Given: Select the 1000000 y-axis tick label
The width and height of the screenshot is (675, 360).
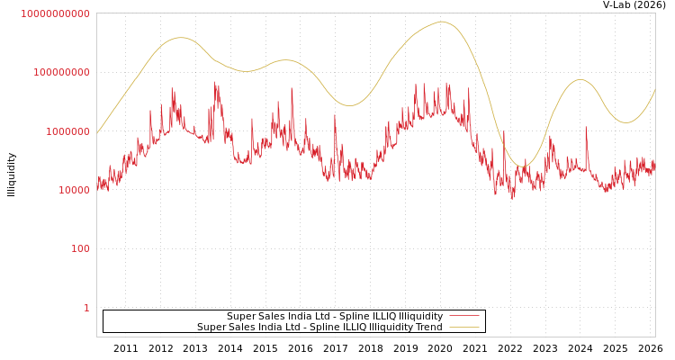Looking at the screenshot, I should [65, 131].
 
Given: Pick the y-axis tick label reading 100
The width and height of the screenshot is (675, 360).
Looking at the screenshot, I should [80, 248].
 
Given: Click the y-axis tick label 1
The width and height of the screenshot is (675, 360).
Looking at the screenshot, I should [86, 308].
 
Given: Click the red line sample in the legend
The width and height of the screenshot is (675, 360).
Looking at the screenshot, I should [463, 316].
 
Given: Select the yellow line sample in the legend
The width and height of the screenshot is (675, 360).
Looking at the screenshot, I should [463, 327].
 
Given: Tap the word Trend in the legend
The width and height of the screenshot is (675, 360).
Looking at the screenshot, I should [427, 327].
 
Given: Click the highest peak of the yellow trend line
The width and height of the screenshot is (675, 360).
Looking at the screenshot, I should [441, 22].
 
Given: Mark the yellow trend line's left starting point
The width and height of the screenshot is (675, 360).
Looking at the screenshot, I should [97, 132].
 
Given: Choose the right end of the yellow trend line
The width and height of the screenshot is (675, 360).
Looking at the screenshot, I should [655, 90].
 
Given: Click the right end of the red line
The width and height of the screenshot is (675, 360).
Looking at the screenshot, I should [655, 166].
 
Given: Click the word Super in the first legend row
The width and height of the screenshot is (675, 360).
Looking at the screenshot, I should [241, 316].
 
